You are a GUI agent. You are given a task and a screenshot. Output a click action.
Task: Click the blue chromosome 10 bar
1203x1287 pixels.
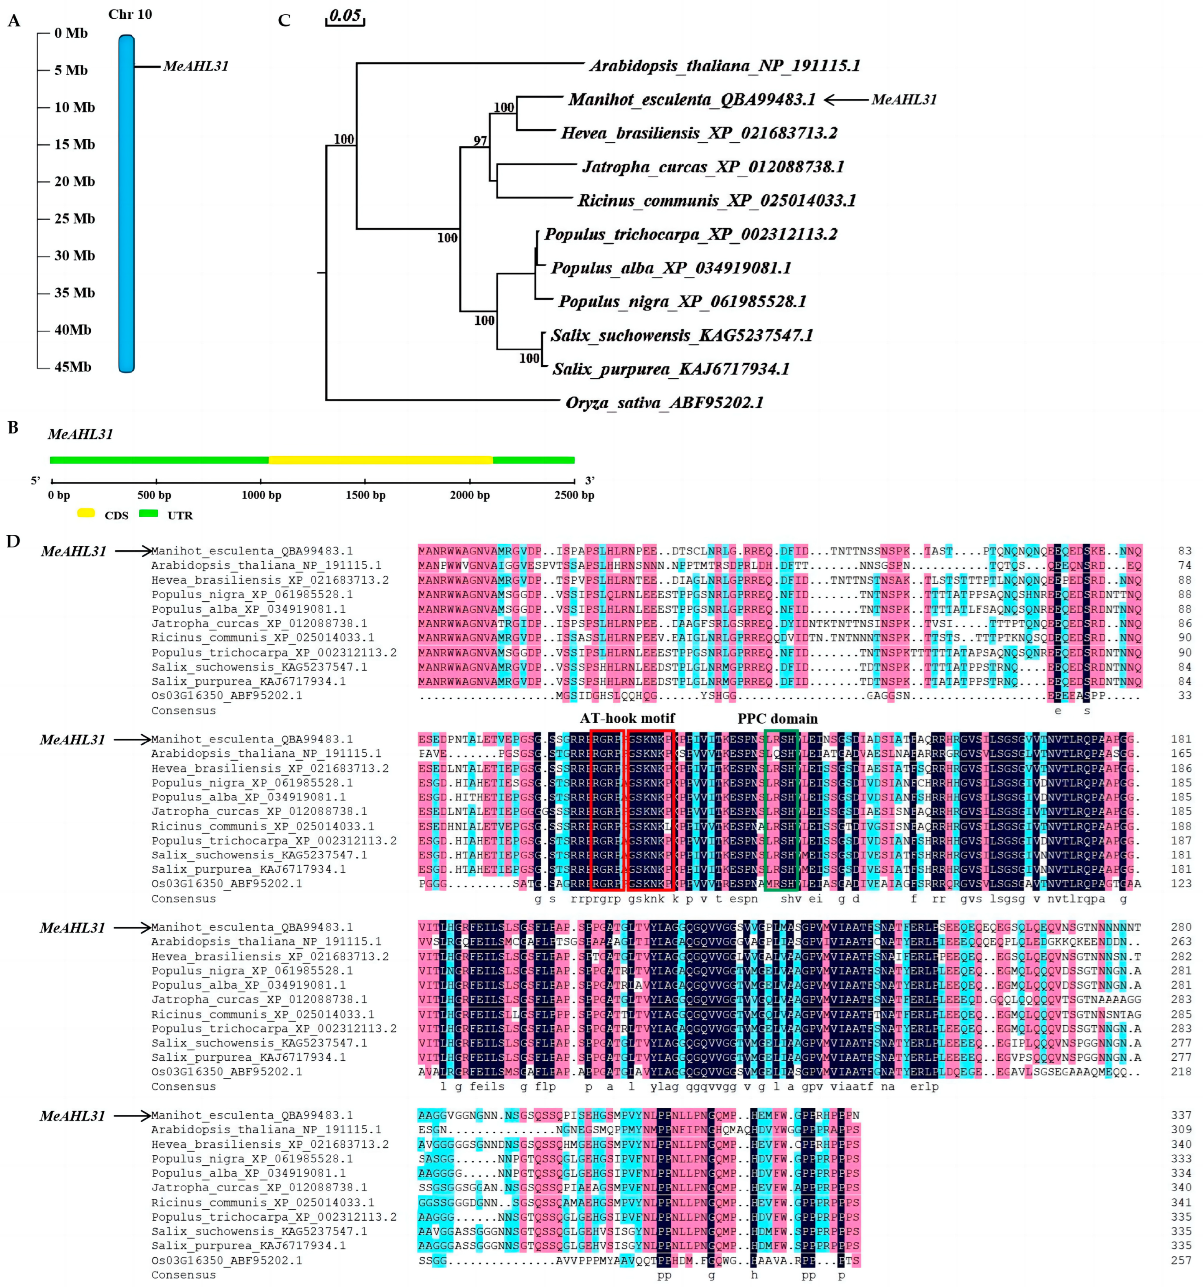[x=126, y=204]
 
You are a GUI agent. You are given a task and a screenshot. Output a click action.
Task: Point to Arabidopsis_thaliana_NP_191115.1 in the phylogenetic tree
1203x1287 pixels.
[x=724, y=66]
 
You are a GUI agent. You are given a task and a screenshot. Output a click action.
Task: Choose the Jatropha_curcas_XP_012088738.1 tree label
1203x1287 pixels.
[x=713, y=167]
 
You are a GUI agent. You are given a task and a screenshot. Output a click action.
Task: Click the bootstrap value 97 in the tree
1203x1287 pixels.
[x=480, y=140]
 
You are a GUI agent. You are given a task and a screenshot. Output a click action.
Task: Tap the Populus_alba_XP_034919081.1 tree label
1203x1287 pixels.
[x=671, y=268]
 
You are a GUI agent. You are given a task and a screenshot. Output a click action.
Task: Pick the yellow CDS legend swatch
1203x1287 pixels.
[x=86, y=513]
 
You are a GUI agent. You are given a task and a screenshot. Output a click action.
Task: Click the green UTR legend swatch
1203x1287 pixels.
[x=149, y=513]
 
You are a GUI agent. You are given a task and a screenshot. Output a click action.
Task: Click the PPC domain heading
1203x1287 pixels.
[x=777, y=719]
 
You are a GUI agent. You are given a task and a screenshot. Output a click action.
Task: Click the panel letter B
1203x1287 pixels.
[x=13, y=428]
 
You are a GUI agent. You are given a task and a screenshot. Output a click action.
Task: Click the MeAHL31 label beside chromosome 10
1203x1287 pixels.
[x=195, y=66]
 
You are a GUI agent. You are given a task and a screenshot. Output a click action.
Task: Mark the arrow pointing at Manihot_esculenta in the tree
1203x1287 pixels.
[x=845, y=100]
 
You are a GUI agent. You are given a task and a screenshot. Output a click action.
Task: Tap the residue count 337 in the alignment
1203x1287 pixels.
[x=1181, y=1115]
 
